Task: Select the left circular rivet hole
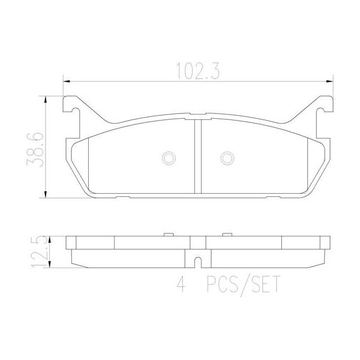(x=169, y=158)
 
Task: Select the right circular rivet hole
(x=227, y=158)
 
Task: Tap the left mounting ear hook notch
(x=70, y=110)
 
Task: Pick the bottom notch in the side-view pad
(x=198, y=263)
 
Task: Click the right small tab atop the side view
(x=227, y=235)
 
